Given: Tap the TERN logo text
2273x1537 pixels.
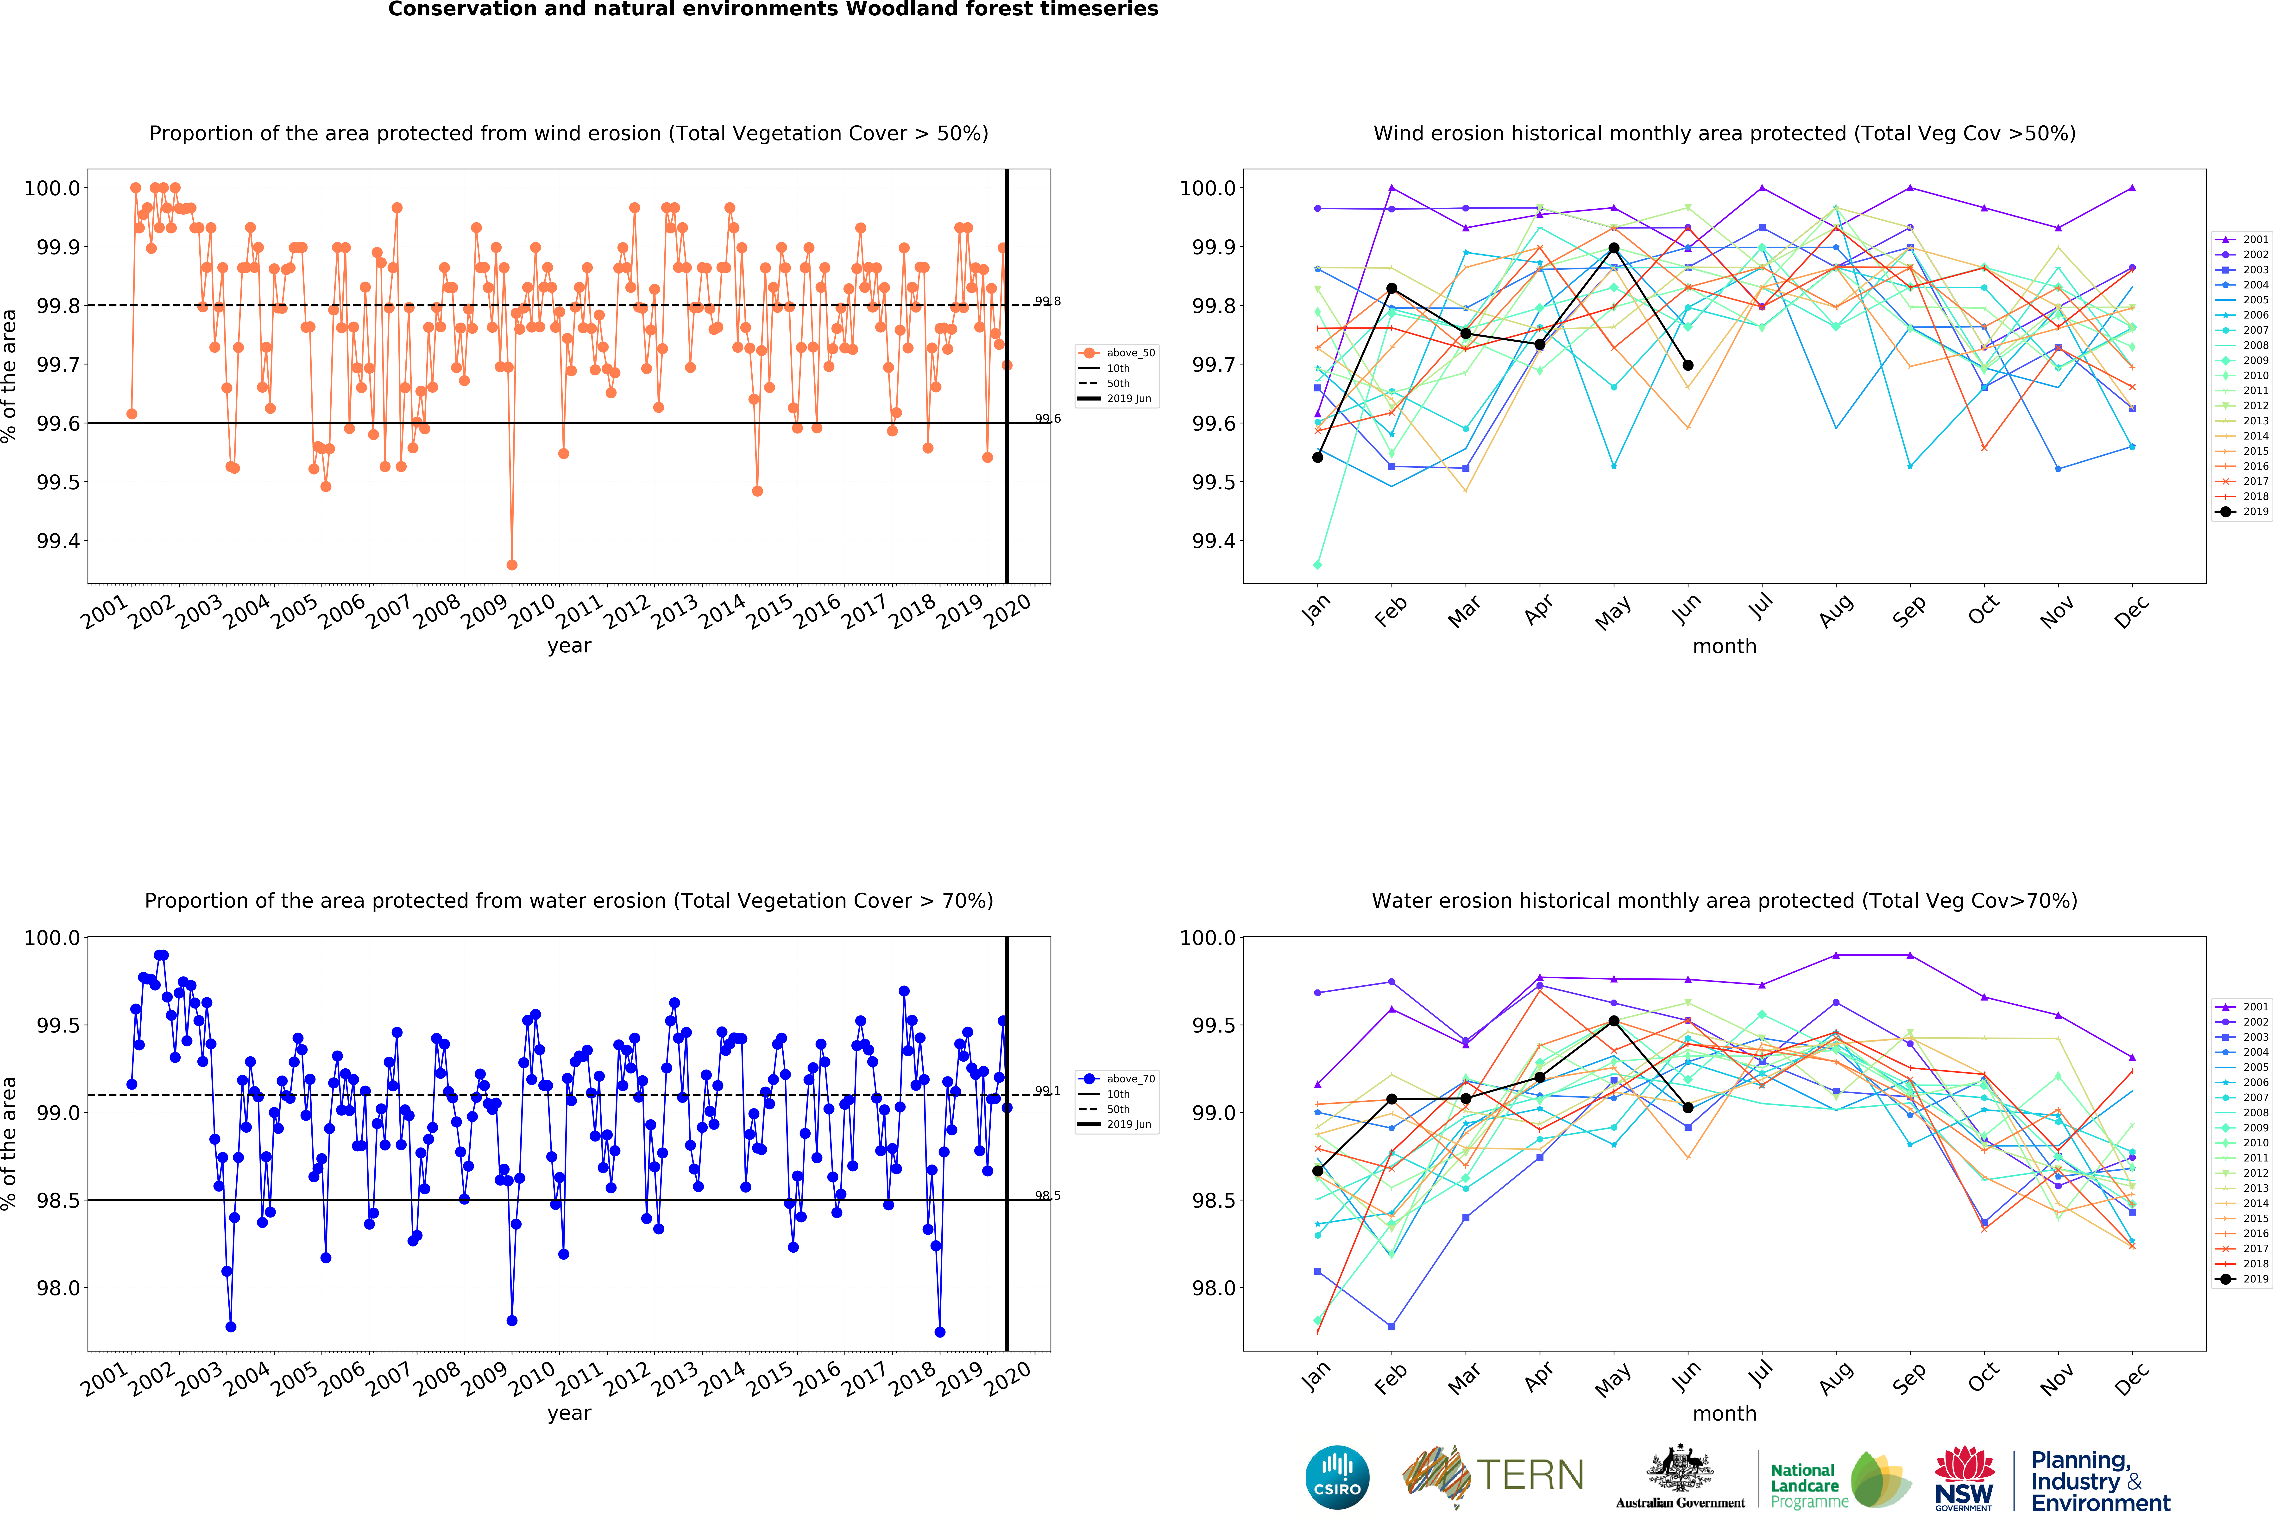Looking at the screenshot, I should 1531,1474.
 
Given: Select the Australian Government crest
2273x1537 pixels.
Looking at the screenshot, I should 1679,1467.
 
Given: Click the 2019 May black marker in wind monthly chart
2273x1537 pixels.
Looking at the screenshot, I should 1614,249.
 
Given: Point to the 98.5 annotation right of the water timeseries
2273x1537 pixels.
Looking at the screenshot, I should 1047,1196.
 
